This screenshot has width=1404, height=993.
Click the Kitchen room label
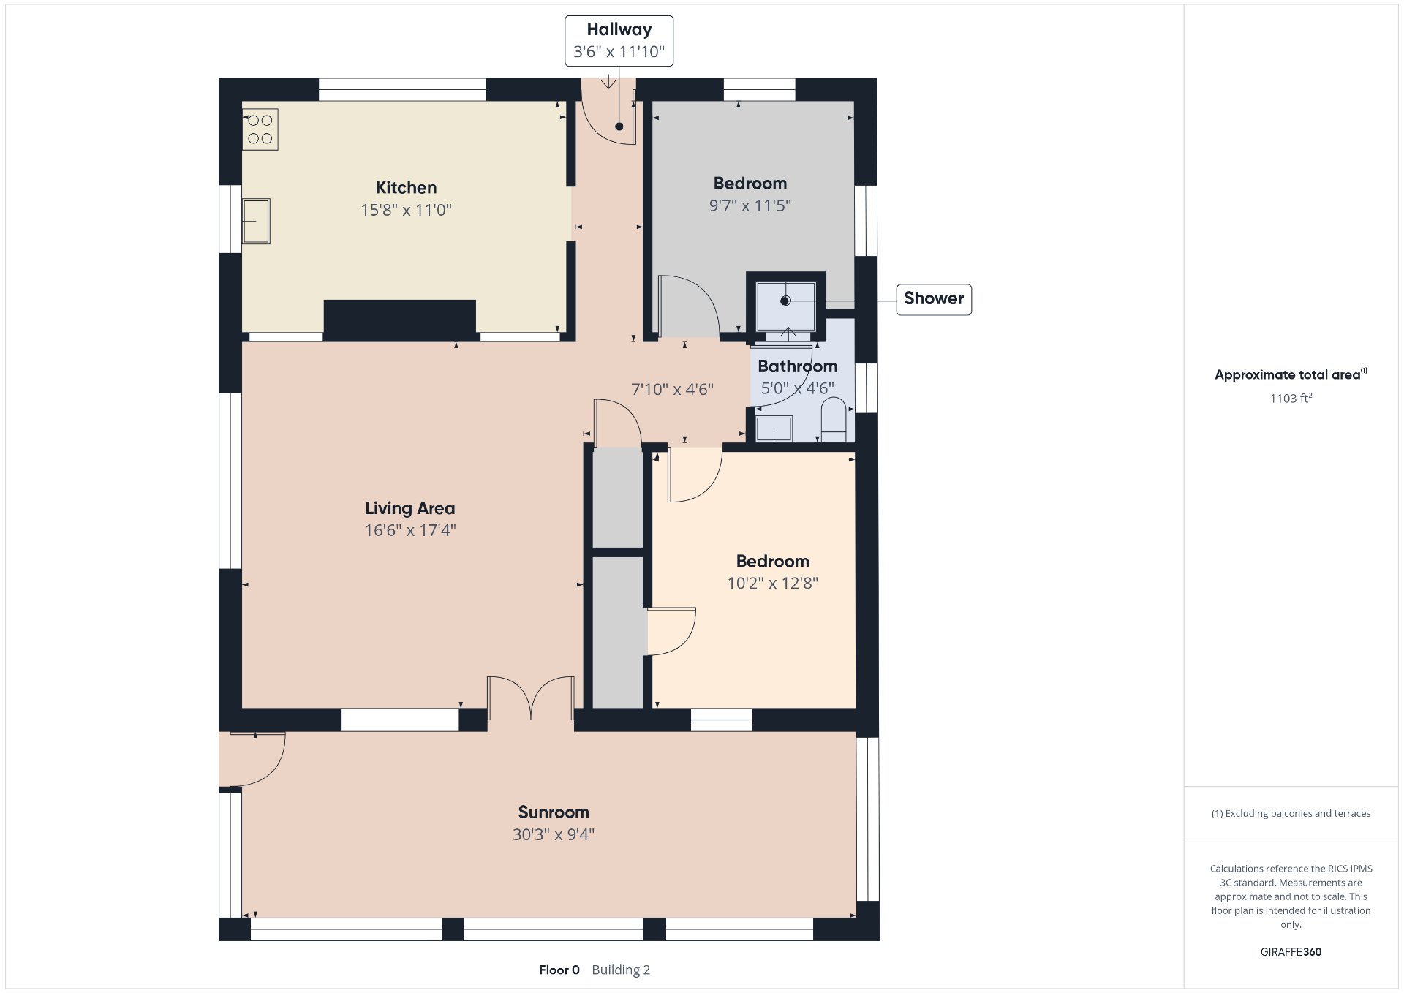click(406, 187)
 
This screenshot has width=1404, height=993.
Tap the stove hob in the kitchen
click(260, 129)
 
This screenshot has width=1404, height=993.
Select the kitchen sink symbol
click(257, 221)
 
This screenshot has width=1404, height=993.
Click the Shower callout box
click(934, 299)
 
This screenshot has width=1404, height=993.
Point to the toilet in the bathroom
click(834, 420)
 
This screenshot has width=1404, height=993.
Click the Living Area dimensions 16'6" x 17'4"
click(410, 530)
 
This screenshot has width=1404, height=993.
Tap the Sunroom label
click(554, 812)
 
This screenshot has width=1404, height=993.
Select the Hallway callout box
click(619, 41)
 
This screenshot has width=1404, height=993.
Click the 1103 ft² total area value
click(1291, 398)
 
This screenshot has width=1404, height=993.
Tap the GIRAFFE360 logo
click(1291, 951)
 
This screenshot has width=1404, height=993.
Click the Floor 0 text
click(559, 970)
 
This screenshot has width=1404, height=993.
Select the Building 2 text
click(621, 970)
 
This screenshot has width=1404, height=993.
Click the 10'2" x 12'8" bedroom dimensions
click(772, 583)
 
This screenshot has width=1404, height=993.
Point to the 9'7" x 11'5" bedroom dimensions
click(750, 205)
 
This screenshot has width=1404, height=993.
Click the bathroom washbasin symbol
click(774, 428)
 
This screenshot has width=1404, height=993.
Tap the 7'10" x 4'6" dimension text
click(672, 389)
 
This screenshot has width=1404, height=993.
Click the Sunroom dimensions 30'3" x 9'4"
click(554, 834)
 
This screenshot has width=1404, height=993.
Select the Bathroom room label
click(797, 366)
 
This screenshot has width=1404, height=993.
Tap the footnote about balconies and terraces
click(1291, 813)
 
